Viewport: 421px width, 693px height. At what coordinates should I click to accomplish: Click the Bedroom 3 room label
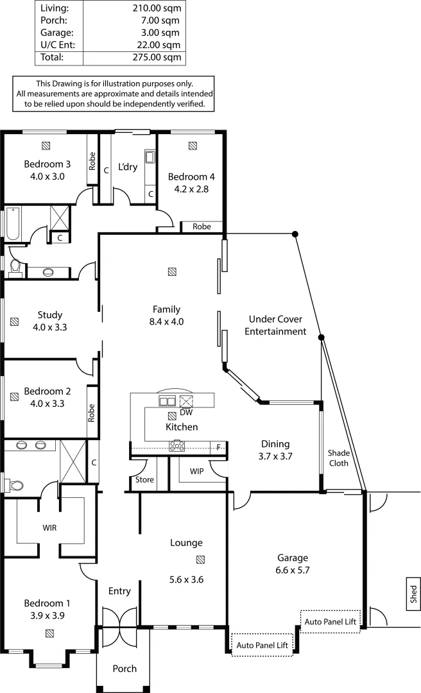click(x=47, y=164)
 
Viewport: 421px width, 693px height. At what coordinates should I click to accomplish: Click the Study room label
click(x=49, y=314)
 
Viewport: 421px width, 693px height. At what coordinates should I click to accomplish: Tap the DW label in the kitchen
click(x=187, y=413)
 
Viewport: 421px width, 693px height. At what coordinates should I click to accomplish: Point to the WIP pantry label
click(x=198, y=471)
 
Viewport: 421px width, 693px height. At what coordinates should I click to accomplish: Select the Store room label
click(x=143, y=479)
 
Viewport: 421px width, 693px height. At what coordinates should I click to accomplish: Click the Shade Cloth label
click(x=338, y=458)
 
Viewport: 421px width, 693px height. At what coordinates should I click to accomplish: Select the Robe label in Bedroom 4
click(x=202, y=227)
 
